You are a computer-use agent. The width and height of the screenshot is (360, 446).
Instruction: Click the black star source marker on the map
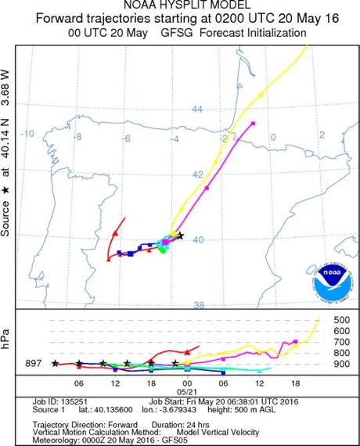tap(181, 235)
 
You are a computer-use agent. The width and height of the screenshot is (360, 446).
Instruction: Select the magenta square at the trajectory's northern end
tap(253, 124)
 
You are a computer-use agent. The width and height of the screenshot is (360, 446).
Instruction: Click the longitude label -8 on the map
tap(78, 137)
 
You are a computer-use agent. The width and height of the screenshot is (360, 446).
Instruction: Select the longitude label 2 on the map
tap(321, 135)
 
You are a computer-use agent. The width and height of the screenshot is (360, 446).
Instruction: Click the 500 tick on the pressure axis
tap(341, 321)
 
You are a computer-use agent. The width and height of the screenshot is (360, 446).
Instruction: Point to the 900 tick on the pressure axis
tap(341, 364)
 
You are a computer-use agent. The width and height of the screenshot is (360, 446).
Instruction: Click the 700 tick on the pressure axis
tap(341, 343)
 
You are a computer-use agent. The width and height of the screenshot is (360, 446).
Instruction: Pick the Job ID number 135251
tap(84, 399)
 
